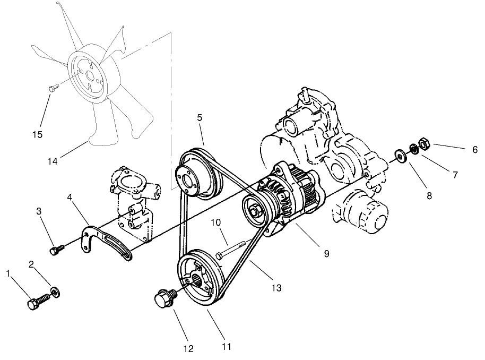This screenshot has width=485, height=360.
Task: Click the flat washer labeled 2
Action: tap(55, 292)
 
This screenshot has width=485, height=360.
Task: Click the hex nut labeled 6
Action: tap(425, 143)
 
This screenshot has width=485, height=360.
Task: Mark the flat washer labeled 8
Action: tap(399, 156)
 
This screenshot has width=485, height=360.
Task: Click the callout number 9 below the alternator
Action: tap(326, 254)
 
